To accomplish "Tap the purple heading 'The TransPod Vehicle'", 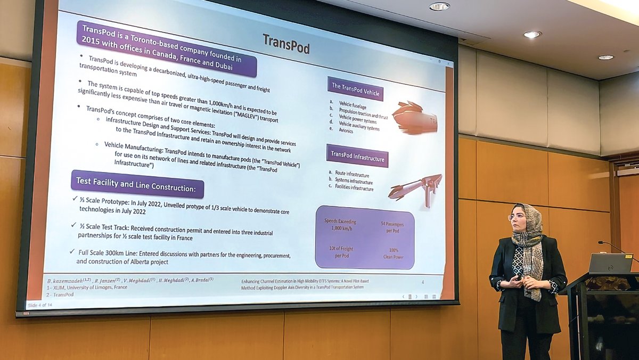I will tap(355, 88).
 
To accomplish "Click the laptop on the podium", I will tap(610, 263).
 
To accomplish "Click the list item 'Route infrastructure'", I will tap(351, 174).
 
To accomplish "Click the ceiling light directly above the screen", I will tap(439, 6).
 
